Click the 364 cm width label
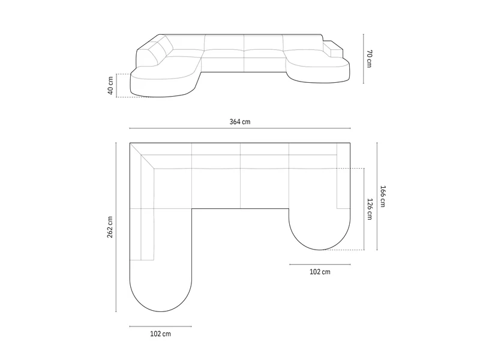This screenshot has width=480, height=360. [x=240, y=122]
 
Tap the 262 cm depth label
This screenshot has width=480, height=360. [x=110, y=227]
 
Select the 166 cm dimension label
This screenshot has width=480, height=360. [x=383, y=196]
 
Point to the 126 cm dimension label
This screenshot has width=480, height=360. [x=370, y=209]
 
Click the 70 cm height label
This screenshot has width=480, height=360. [x=369, y=58]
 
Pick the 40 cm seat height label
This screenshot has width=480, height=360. [x=110, y=85]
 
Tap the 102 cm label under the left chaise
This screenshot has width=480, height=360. [x=160, y=334]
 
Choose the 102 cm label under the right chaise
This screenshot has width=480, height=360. [x=320, y=272]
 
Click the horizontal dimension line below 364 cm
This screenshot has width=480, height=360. [x=240, y=128]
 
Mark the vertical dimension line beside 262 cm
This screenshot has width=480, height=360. [x=116, y=227]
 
